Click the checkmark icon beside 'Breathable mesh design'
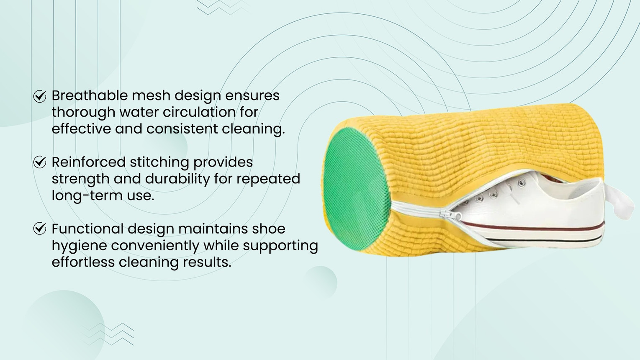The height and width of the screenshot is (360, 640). coord(40,96)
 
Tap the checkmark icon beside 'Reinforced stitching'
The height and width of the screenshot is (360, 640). coord(40,162)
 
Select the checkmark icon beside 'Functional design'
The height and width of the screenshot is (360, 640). coord(40,229)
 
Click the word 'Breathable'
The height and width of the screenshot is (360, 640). coord(90,95)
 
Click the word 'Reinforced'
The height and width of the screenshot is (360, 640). coord(89,162)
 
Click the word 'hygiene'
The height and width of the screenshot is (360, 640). coord(80,246)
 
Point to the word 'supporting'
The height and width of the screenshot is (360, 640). coord(280,246)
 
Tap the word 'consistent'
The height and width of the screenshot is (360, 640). coord(182,129)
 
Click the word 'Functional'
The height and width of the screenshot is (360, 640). coord(88,229)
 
